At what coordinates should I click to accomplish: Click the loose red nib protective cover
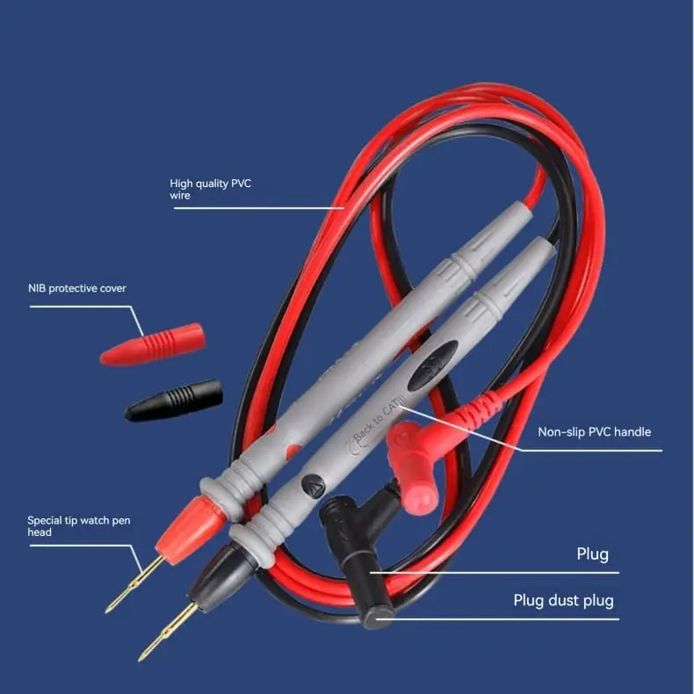(x=152, y=344)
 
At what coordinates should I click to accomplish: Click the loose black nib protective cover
(x=174, y=401)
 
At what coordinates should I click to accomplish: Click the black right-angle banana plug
(x=354, y=558)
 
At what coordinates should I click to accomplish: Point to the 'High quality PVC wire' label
(x=210, y=190)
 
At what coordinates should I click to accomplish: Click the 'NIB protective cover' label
(x=77, y=288)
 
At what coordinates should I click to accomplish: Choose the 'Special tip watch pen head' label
(x=79, y=526)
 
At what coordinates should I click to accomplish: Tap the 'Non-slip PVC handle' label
(x=595, y=432)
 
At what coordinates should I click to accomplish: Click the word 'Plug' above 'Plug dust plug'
(x=593, y=554)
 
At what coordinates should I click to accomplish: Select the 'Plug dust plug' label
(x=563, y=601)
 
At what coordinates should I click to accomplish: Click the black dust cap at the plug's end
(x=377, y=614)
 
